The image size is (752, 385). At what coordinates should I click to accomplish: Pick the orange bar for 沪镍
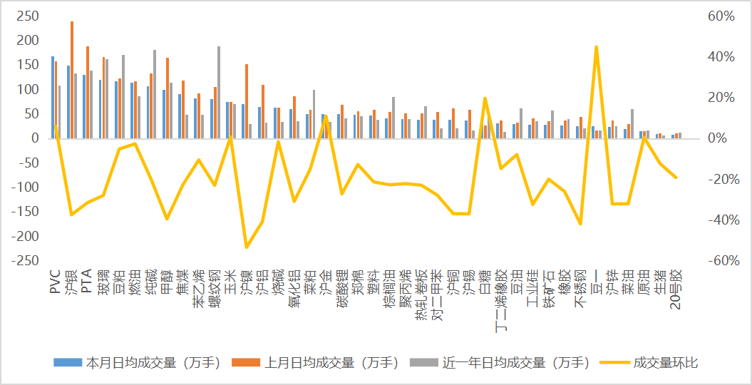[247, 101]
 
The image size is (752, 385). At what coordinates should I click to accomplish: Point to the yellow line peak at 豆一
[596, 47]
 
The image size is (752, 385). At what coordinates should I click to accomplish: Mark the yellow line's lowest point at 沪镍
[247, 247]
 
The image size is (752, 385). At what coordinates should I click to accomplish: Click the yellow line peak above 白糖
[485, 98]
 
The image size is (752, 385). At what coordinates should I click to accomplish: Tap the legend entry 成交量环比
[665, 363]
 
